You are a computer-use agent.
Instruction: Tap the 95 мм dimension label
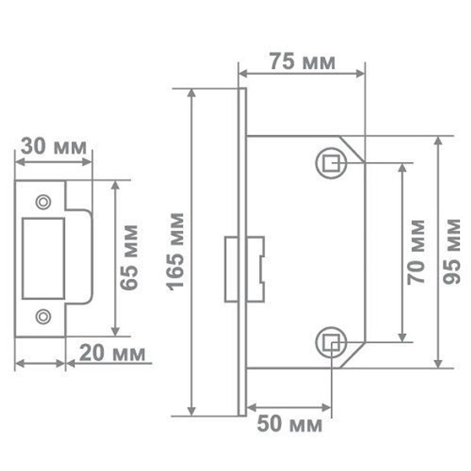(453, 251)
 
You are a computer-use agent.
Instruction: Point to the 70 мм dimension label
(416, 252)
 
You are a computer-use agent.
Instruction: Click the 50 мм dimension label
(289, 425)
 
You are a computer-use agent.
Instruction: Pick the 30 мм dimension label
(54, 147)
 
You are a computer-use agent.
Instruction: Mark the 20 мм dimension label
(112, 353)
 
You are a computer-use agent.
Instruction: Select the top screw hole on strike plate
(43, 202)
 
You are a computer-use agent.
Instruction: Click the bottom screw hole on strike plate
(43, 317)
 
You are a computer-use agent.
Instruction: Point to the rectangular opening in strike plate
(43, 259)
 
